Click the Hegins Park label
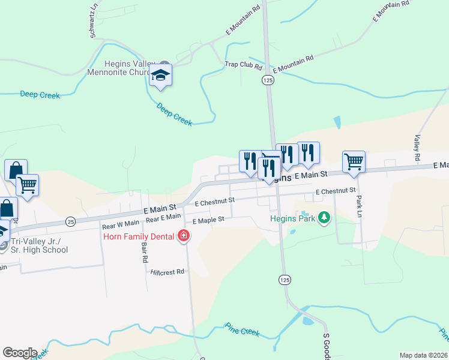tap(292, 219)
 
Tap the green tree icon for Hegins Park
tap(324, 217)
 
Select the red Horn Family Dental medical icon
tap(183, 236)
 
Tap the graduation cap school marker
tap(160, 75)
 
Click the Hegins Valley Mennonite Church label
tap(122, 69)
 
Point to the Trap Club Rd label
tap(244, 65)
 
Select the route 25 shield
tap(70, 221)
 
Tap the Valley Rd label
tap(416, 148)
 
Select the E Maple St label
tap(208, 220)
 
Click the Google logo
tap(19, 353)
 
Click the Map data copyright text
tap(424, 355)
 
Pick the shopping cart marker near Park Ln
tap(354, 161)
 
